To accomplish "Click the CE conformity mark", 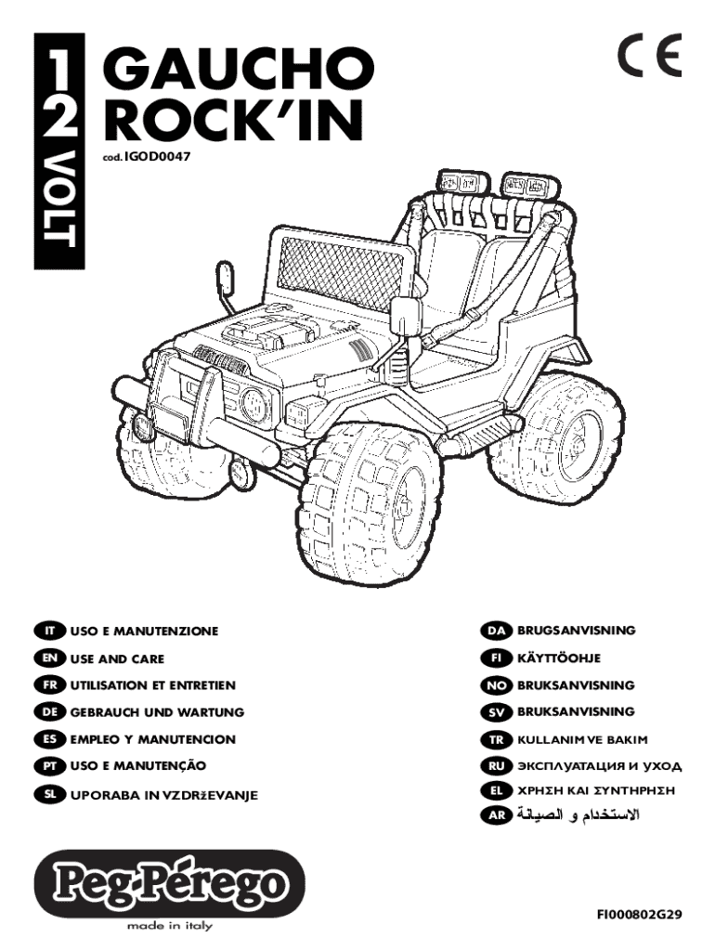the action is point(649,55).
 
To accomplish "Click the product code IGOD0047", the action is point(158,157).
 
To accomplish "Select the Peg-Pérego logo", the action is point(169,882).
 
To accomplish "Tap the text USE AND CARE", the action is point(117,658).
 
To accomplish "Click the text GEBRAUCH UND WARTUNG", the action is point(157,712).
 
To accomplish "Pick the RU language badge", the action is point(496,766).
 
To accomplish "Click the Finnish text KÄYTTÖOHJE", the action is point(559,658).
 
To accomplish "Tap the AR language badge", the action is point(496,815).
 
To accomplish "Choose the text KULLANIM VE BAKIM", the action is point(582,740).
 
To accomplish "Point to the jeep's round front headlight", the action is point(255,405).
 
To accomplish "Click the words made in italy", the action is point(169,926).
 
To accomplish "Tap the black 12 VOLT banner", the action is point(59,151).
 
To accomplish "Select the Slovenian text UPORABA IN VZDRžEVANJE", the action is point(163,795).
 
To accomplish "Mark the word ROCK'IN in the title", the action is point(233,119).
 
